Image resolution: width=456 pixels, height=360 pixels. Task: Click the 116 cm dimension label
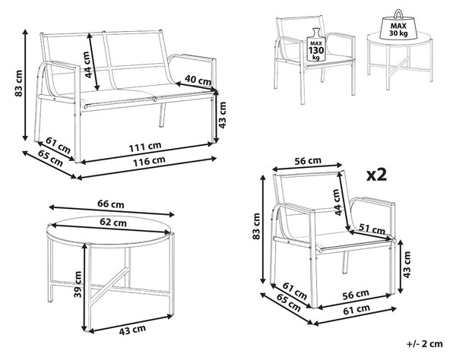(x=150, y=161)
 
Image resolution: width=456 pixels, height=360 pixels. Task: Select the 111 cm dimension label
(x=145, y=147)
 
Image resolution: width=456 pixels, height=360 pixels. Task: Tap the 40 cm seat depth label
(x=198, y=81)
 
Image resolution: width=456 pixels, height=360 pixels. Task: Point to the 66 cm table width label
(x=111, y=204)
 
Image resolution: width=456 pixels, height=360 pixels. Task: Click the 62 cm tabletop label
(x=113, y=223)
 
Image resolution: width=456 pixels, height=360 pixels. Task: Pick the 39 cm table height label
(x=78, y=284)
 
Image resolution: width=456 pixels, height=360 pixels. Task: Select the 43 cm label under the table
(x=132, y=330)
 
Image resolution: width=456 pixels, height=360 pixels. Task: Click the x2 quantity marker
(x=377, y=175)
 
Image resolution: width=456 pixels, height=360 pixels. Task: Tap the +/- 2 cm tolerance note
(x=425, y=344)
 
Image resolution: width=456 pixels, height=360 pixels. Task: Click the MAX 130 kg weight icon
(x=316, y=45)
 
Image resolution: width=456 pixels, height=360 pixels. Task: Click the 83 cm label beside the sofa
(x=18, y=84)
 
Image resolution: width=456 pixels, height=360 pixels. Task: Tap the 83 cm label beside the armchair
(x=256, y=226)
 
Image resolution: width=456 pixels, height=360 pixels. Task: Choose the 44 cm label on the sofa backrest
(x=87, y=65)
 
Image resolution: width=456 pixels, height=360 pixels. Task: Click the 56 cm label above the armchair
(x=308, y=161)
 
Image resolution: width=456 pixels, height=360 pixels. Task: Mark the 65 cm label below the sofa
(x=51, y=159)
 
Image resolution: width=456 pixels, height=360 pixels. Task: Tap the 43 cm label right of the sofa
(x=222, y=115)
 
